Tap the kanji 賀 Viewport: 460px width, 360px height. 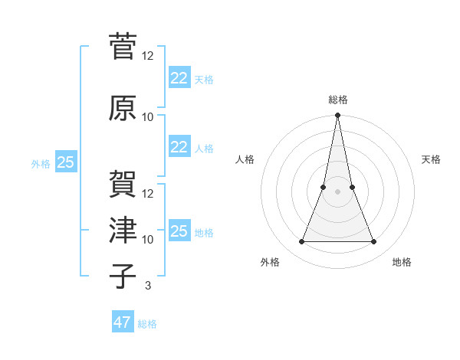[x=122, y=183]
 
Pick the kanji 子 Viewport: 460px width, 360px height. [x=122, y=275]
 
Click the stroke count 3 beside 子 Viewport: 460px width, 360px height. [x=147, y=285]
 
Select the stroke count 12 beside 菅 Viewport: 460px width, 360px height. [x=148, y=56]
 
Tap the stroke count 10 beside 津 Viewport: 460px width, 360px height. [x=148, y=239]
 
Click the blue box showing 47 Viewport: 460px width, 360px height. [x=122, y=322]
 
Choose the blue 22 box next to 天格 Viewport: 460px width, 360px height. [x=179, y=77]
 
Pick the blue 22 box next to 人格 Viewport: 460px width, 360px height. [x=179, y=147]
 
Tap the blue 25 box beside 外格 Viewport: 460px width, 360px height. [x=65, y=162]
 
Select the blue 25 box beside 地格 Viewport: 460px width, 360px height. [x=179, y=231]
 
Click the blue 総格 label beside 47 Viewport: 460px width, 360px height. [x=147, y=324]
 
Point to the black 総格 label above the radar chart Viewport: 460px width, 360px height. [x=337, y=100]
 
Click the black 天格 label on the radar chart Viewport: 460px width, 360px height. [x=432, y=159]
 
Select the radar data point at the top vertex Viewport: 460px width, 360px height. [x=337, y=116]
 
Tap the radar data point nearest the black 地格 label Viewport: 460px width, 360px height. [x=374, y=242]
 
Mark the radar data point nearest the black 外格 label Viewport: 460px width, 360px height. [x=301, y=242]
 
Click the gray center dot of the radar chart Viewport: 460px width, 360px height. [x=337, y=191]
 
